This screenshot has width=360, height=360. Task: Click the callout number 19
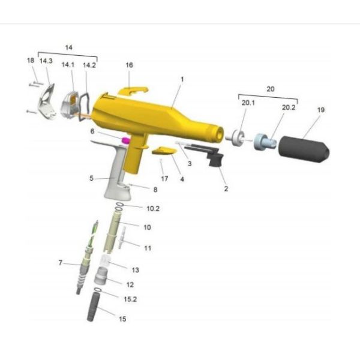[321, 110]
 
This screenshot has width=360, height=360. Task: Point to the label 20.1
[248, 103]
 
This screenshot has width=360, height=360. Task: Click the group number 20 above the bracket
[270, 88]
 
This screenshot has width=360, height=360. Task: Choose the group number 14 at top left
[68, 47]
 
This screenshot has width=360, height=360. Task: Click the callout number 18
[31, 61]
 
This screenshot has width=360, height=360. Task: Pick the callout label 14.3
[47, 61]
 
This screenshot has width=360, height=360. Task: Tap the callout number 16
[129, 65]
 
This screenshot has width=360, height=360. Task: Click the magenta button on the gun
[126, 140]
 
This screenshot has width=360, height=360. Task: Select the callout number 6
[92, 131]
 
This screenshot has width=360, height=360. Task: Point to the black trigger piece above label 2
[215, 160]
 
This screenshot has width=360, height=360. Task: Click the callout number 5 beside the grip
[92, 178]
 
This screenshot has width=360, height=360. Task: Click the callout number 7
[61, 263]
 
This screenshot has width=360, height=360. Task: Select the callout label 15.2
[131, 298]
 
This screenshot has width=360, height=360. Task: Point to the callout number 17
[164, 179]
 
